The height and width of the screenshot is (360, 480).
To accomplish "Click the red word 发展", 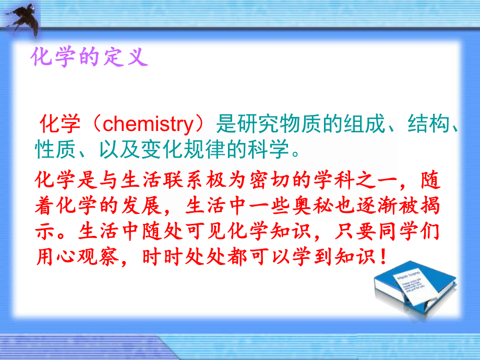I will (x=147, y=206).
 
